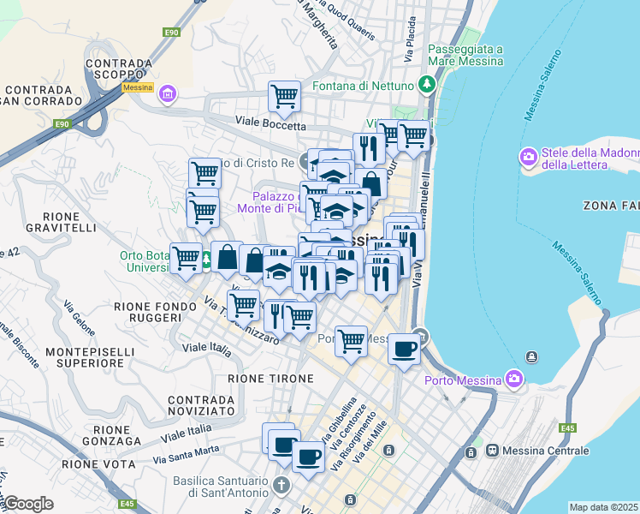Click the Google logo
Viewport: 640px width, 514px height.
(28, 504)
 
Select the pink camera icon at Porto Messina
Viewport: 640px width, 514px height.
(513, 378)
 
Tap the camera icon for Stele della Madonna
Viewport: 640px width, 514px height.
(528, 157)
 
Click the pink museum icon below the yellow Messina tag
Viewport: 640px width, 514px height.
(167, 93)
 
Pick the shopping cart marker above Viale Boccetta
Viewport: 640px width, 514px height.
(284, 96)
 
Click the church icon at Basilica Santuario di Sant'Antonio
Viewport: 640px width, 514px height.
(281, 486)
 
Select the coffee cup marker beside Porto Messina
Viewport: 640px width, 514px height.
(404, 349)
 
